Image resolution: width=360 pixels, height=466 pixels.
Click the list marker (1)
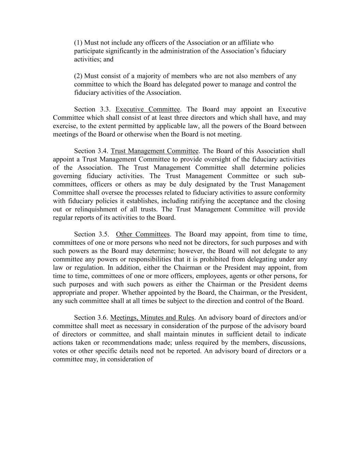click(78, 43)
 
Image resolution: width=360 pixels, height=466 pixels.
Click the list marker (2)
click(78, 76)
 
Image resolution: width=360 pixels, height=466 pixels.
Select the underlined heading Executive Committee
click(147, 109)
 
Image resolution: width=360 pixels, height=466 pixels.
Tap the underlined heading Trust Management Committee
click(155, 151)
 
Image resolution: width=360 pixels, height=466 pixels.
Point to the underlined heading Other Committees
click(143, 234)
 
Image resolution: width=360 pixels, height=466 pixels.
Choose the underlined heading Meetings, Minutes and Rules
click(152, 317)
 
